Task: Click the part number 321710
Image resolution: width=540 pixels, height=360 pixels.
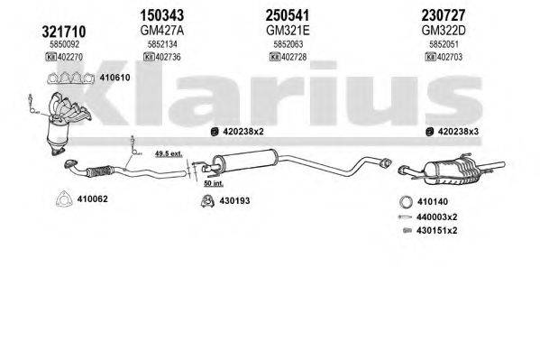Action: pos(41,32)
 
